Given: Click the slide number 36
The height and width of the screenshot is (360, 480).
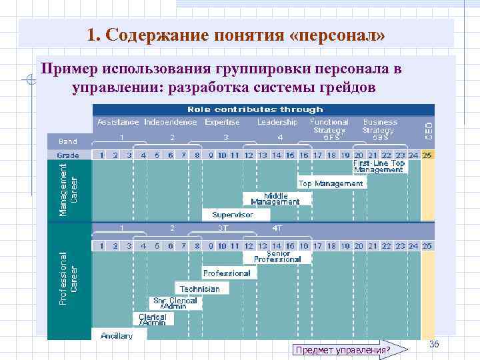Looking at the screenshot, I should click(434, 343).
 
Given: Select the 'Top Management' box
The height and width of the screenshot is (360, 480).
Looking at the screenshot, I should click(331, 183).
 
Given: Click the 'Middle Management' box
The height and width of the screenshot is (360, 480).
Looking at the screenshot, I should click(275, 199).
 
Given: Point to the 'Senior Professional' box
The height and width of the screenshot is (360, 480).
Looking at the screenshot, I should click(277, 256).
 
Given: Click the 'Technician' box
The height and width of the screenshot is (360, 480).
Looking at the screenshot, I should click(199, 289).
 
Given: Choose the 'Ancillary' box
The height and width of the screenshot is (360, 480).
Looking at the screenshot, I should click(117, 335).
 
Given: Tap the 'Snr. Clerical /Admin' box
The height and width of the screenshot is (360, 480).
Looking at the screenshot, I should click(174, 303).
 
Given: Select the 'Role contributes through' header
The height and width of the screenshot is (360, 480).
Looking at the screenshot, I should click(255, 109).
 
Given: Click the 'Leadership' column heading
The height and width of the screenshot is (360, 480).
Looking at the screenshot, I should click(277, 122).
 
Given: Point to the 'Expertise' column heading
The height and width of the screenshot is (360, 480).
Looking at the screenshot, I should click(222, 122).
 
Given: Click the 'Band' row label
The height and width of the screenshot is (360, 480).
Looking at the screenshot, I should click(68, 141).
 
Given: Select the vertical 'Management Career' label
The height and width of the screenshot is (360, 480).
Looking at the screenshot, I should click(68, 190).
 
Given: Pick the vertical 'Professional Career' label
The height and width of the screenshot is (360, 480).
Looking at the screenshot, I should click(68, 279).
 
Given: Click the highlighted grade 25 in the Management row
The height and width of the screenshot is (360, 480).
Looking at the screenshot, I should click(427, 155).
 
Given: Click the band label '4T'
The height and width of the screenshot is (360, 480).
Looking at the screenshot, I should click(277, 228).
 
